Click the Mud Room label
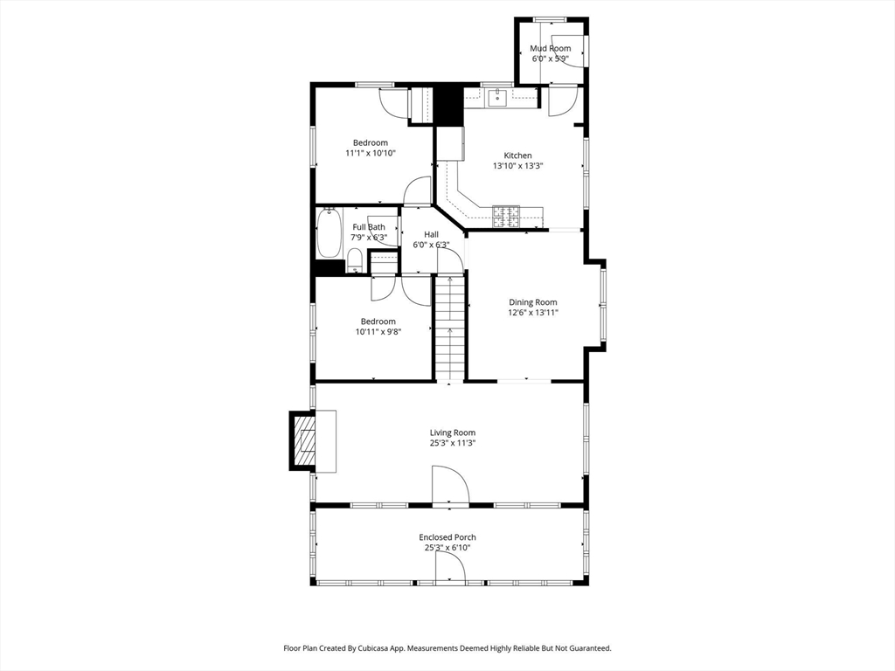tap(551, 49)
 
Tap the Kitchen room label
tap(517, 156)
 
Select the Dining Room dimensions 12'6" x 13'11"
tap(533, 313)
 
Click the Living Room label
tap(453, 432)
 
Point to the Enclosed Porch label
tap(447, 537)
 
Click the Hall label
tap(432, 234)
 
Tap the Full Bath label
tap(369, 227)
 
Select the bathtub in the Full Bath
tap(330, 233)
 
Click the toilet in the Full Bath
tap(355, 260)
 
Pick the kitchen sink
tap(498, 98)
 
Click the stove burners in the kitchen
tap(506, 214)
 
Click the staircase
tap(450, 328)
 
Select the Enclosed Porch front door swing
tap(450, 566)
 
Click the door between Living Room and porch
tap(450, 486)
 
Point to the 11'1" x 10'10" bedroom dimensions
tap(371, 153)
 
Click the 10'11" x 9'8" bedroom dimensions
tap(378, 331)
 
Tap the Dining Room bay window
tap(603, 305)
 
